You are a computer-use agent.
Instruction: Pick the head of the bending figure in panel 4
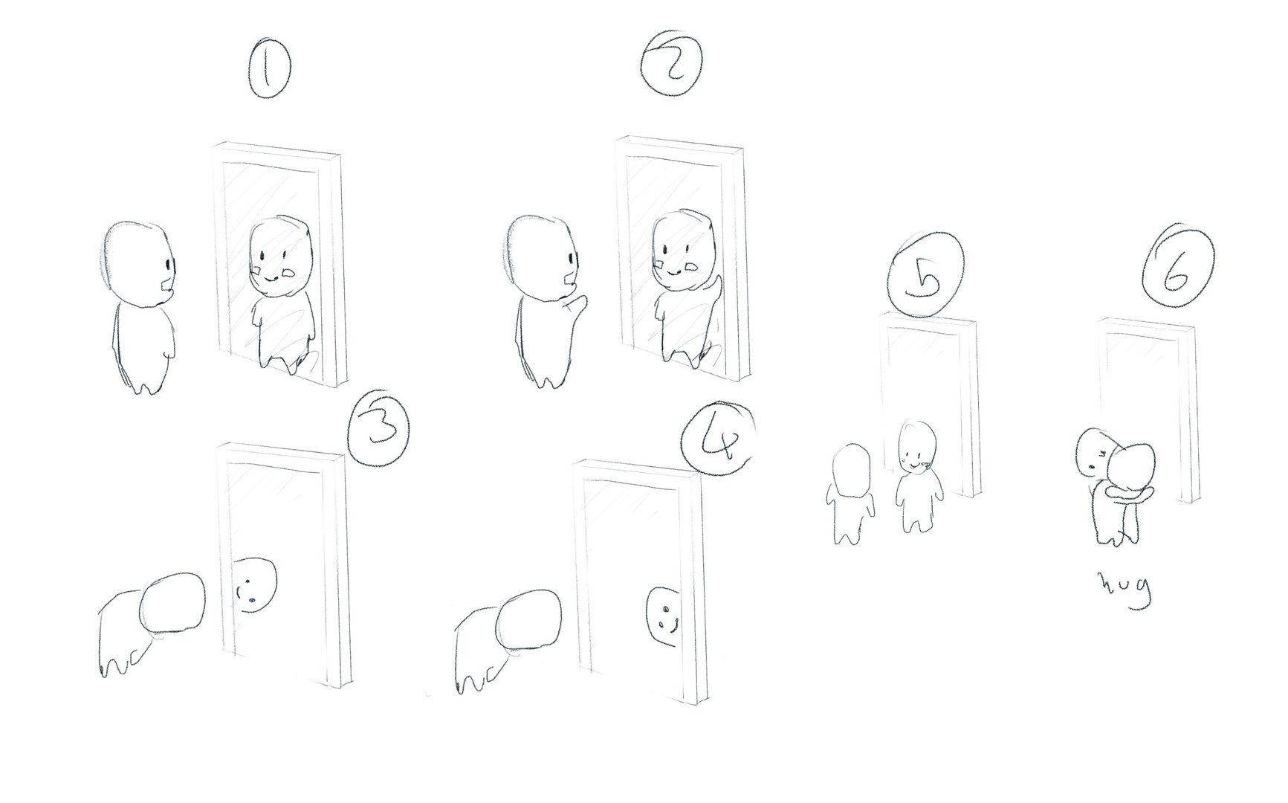coord(530,619)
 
